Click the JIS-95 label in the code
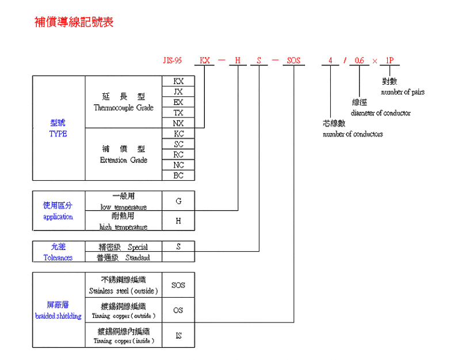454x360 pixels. [173, 60]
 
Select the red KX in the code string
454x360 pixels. [205, 60]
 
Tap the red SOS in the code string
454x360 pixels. [293, 60]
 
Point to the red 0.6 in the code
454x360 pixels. [359, 60]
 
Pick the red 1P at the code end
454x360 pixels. [390, 60]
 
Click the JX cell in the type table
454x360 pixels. [178, 92]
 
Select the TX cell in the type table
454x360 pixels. [178, 112]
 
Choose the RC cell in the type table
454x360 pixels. [178, 154]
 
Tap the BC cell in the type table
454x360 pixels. [178, 175]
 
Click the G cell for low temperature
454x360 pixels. [178, 201]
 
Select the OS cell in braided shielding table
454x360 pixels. [178, 310]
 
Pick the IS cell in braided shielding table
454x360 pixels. [178, 335]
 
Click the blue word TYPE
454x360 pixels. [58, 134]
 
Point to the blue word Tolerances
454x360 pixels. [58, 257]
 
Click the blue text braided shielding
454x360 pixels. [58, 316]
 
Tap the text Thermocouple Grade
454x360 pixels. [124, 108]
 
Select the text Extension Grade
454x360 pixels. [124, 160]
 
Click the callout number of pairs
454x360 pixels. [403, 92]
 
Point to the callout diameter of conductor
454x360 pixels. [380, 113]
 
